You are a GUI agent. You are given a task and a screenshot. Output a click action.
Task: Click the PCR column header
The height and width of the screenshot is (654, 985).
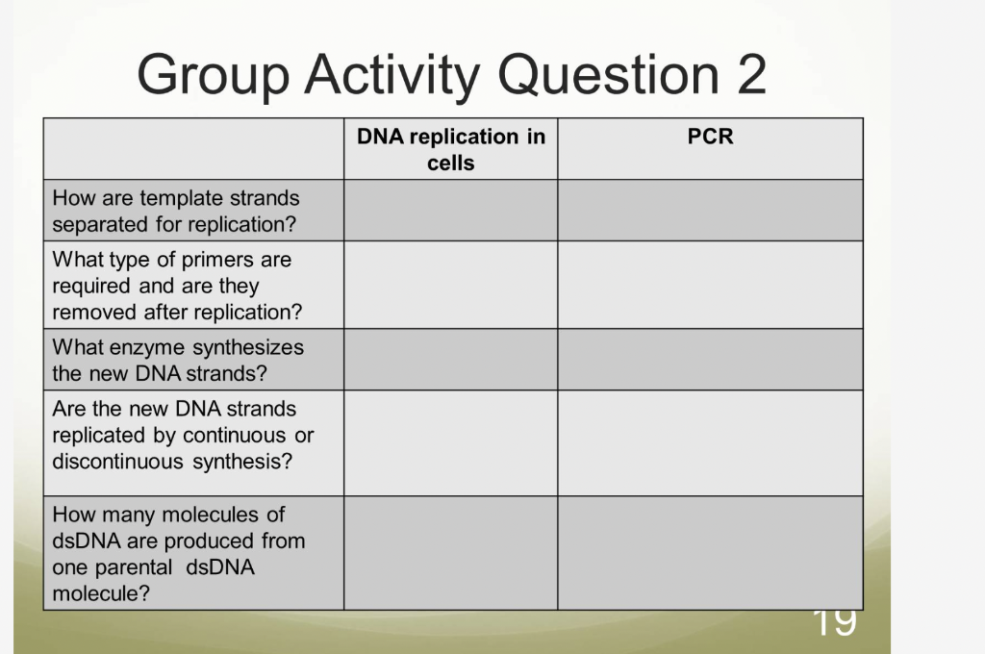710,138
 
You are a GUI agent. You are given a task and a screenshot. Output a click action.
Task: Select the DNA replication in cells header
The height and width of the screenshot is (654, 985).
450,149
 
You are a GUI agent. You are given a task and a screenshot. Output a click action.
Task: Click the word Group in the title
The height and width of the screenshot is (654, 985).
213,74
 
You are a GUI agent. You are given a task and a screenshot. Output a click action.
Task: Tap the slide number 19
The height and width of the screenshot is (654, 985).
833,621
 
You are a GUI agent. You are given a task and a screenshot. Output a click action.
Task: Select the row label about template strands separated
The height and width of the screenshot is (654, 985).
175,212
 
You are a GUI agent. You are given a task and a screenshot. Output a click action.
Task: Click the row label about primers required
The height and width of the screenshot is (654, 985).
176,286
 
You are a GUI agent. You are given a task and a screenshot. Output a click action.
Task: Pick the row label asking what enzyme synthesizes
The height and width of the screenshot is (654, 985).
177,360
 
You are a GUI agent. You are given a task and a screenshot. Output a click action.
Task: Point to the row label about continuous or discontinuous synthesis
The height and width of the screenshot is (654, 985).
183,435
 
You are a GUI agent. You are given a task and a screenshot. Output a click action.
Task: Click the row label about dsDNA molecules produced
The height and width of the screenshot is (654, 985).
178,554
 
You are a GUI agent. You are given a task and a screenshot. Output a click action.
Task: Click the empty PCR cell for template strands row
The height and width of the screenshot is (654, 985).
710,211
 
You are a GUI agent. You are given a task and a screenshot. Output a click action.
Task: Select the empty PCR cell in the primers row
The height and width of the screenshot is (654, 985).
710,285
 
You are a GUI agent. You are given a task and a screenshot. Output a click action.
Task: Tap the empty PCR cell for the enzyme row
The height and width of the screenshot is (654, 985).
710,360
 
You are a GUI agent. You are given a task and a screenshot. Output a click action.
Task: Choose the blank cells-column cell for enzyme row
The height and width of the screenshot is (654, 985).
450,360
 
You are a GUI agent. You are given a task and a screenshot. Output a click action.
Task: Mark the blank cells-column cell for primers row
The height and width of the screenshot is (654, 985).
450,285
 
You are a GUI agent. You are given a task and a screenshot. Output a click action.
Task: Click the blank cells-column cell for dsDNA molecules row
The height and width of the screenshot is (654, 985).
450,553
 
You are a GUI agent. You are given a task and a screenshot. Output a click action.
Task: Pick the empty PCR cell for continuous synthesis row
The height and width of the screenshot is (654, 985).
710,442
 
